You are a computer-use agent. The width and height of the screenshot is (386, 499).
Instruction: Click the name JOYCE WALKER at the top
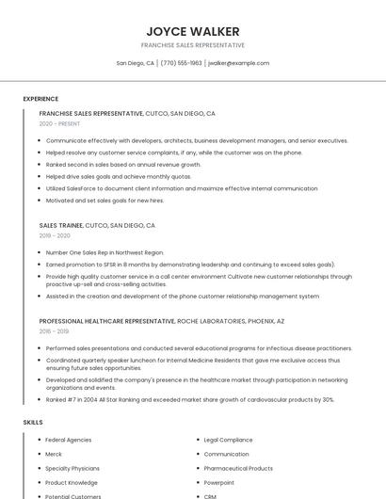pos(193,31)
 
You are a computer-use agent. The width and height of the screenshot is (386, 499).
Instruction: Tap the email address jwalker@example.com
pos(238,63)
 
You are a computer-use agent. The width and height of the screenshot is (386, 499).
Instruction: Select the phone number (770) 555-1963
pos(181,63)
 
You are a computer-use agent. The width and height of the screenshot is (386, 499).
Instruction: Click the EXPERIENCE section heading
pos(40,99)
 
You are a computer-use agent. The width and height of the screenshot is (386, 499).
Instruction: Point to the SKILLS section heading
pos(33,423)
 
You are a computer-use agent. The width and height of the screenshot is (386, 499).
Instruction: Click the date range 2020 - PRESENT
pos(59,123)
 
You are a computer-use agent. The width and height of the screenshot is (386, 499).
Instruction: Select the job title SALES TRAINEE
pos(61,226)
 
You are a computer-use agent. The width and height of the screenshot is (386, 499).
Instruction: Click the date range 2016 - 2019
pos(54,331)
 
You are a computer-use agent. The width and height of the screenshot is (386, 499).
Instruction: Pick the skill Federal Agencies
pos(68,440)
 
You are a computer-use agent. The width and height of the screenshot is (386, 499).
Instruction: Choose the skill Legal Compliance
pos(228,440)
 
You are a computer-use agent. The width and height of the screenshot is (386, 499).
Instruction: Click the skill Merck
pos(54,454)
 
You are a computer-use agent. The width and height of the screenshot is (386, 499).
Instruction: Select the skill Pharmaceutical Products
pos(238,468)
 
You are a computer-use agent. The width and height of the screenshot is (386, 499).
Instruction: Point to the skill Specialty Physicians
pos(72,468)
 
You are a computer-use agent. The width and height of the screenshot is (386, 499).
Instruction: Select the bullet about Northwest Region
pos(105,252)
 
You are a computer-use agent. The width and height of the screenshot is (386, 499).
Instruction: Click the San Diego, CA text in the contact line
pos(135,63)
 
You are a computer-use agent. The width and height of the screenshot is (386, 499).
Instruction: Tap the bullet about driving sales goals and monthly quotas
pos(118,176)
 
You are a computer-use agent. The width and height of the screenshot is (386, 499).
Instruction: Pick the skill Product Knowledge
pos(72,482)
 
